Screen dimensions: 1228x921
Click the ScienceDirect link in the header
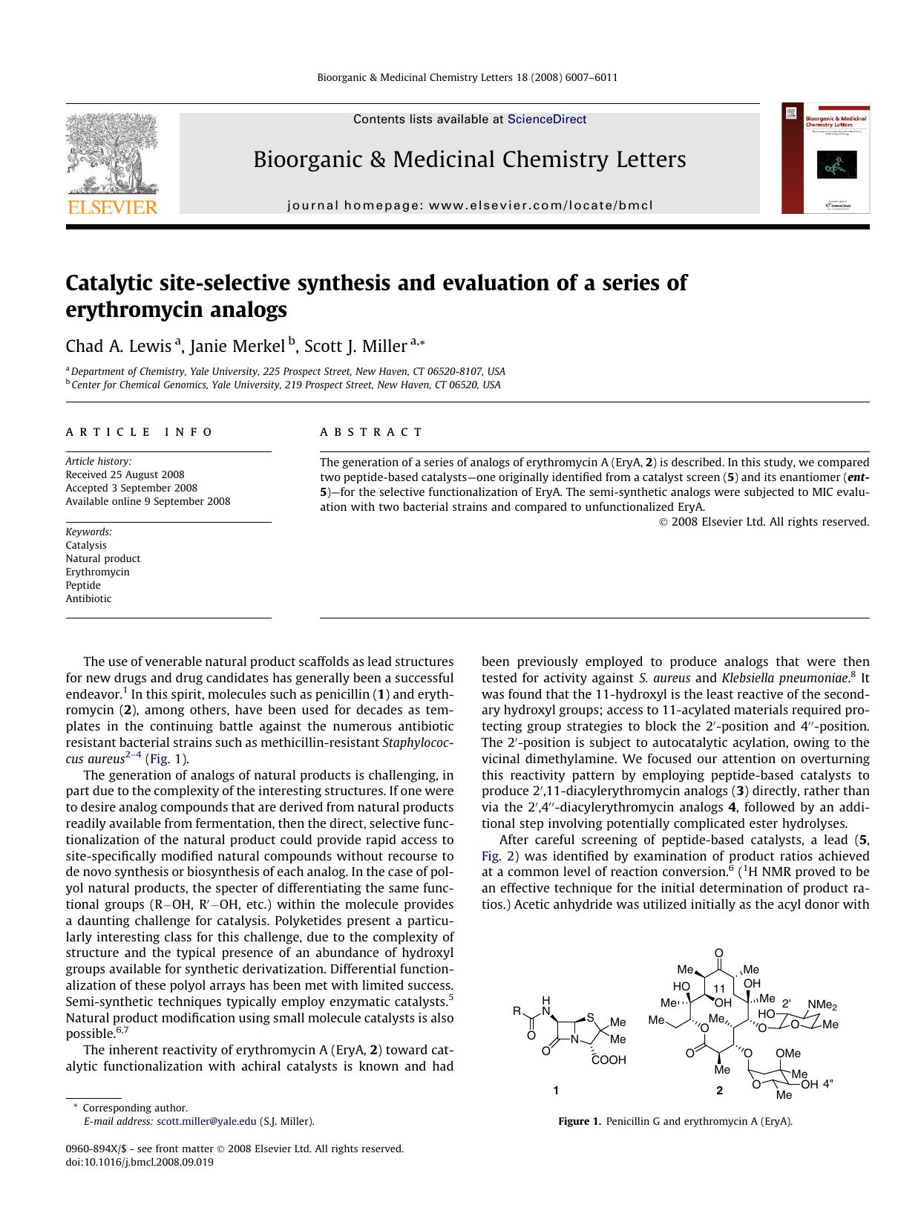click(x=546, y=120)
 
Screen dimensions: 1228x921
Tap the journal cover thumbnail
click(x=825, y=159)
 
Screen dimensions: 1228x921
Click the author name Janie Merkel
click(x=237, y=346)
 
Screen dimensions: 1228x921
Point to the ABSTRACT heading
click(x=371, y=432)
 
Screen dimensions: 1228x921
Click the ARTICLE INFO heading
click(x=139, y=432)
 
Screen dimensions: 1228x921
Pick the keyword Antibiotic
click(x=88, y=599)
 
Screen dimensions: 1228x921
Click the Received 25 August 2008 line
click(x=125, y=475)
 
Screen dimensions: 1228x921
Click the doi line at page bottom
click(x=140, y=1163)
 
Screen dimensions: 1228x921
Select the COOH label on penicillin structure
click(x=609, y=1060)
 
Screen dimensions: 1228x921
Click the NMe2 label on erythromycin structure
click(x=822, y=1005)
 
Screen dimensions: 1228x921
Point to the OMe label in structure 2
click(x=787, y=1054)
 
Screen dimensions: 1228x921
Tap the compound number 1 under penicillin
click(x=556, y=1091)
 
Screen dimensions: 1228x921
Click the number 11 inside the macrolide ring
click(x=718, y=989)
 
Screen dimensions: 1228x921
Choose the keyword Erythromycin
click(x=97, y=572)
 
